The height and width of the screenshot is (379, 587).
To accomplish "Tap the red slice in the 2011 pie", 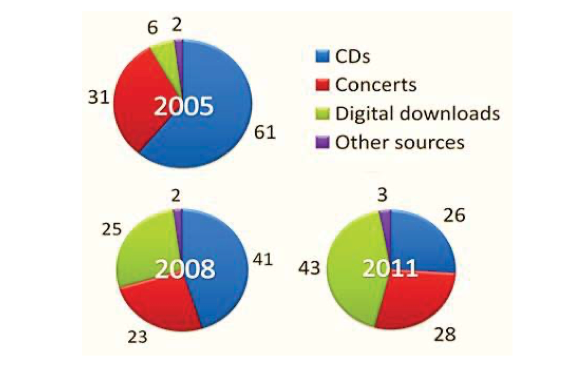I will click(415, 302).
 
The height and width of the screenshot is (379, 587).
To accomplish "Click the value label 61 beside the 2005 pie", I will click(265, 133).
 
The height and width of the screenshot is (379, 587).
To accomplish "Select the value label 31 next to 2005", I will click(99, 98).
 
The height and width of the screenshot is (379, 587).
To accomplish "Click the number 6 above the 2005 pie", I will click(152, 28).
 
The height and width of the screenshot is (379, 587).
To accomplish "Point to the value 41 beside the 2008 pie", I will click(263, 259).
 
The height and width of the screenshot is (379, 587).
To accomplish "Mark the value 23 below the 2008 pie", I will click(137, 337).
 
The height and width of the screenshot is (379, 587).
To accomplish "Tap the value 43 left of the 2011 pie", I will click(309, 268).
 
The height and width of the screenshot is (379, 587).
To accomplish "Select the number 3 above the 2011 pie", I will click(382, 195).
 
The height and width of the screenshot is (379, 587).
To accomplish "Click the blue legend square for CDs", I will click(322, 56).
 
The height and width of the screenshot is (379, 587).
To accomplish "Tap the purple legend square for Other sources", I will click(322, 142).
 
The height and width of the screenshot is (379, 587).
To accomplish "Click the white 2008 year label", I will click(185, 269).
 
